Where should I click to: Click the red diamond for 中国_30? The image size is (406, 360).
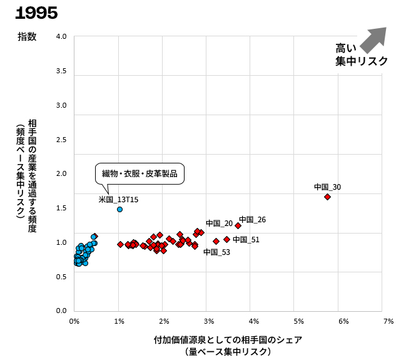(327, 197)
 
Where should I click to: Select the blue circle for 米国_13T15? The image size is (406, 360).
(119, 209)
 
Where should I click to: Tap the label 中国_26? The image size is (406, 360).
(252, 220)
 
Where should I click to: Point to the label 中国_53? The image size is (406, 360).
(216, 252)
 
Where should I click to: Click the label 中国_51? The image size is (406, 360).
(246, 239)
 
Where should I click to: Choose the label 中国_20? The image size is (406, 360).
(219, 224)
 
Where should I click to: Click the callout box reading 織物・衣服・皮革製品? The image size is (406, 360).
(140, 173)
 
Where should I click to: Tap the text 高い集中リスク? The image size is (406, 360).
(362, 54)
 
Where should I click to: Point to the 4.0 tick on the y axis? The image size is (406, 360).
(61, 36)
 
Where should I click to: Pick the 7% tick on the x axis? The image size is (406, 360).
(388, 321)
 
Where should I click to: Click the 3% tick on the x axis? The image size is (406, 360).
(208, 321)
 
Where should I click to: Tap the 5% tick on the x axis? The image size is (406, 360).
(298, 321)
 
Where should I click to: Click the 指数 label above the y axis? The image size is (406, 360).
(27, 36)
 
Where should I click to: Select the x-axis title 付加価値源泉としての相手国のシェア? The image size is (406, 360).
(228, 340)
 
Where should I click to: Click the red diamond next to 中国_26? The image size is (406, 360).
(238, 225)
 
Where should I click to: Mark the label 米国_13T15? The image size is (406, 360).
(119, 200)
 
